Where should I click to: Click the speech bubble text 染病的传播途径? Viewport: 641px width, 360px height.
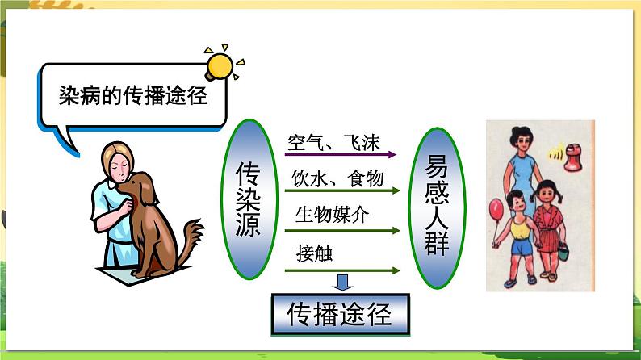coord(133,96)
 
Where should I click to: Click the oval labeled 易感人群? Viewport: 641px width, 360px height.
coord(437,200)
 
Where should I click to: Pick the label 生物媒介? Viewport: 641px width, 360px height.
coord(332,215)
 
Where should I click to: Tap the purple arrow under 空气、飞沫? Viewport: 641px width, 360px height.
coord(340,153)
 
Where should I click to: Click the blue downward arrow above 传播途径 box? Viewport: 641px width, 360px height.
coord(343,282)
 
